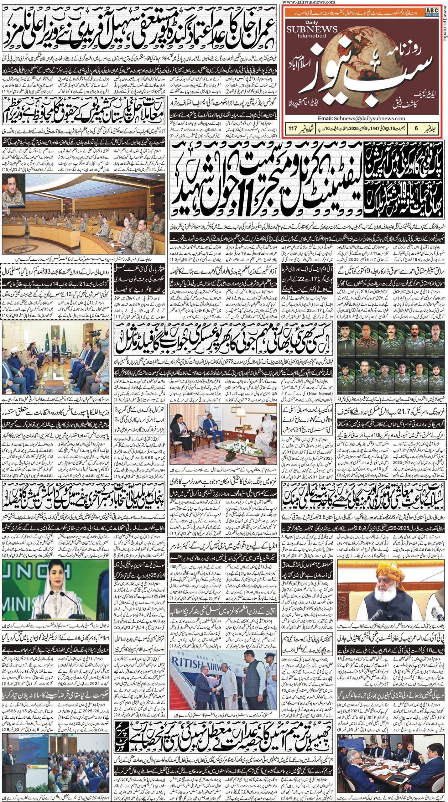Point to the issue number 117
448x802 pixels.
click(293, 128)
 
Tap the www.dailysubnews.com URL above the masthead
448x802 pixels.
click(309, 2)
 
